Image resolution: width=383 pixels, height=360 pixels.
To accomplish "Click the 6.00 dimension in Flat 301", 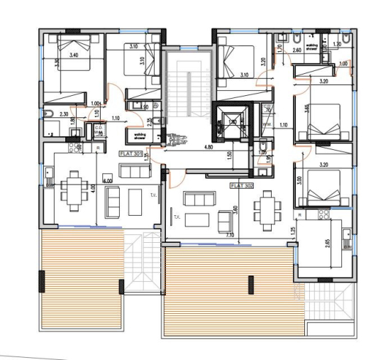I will (108, 181).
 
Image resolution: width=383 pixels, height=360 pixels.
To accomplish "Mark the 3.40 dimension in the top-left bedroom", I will (74, 54).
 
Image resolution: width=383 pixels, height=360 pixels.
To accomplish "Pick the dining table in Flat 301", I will (74, 190).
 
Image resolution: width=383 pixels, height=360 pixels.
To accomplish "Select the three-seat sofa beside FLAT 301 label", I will (133, 170).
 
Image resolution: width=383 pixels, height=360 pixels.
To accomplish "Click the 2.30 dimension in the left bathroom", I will (63, 114).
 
